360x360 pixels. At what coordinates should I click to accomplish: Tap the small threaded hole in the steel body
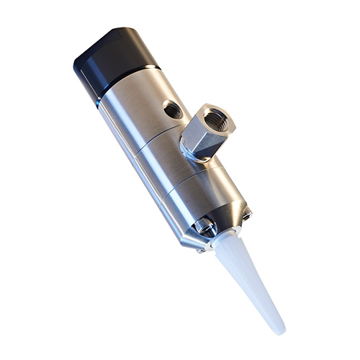(173, 109)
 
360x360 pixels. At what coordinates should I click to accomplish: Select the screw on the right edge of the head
(247, 212)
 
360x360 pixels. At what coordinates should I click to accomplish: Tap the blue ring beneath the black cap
(98, 104)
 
